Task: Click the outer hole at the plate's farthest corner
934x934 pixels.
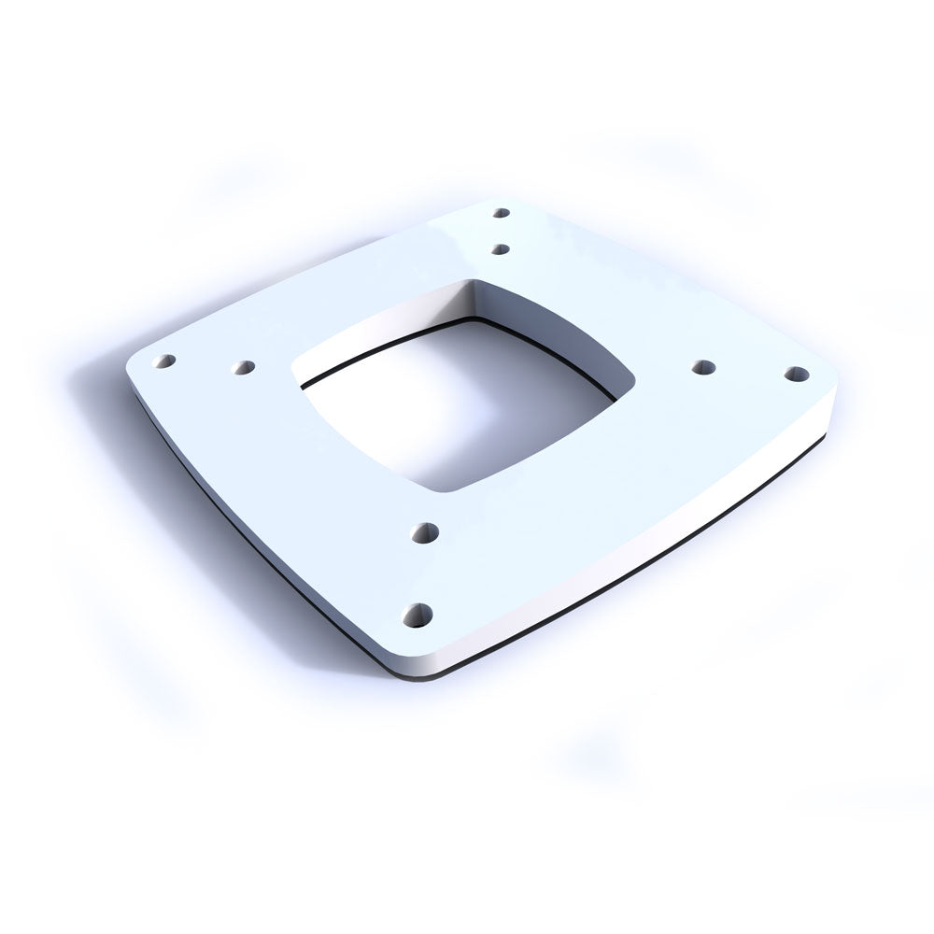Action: point(502,213)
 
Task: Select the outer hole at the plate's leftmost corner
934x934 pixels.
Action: point(167,361)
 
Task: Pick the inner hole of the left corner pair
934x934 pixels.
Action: point(243,368)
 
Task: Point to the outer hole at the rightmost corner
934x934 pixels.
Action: point(795,375)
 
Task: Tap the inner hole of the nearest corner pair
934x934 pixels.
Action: point(429,533)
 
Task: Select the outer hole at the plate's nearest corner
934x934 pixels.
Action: point(417,615)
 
